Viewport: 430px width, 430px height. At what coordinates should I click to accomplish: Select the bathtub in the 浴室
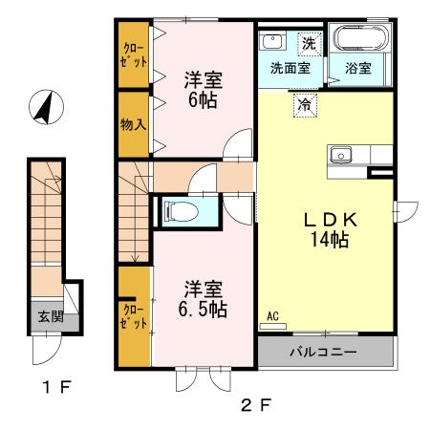[360, 40]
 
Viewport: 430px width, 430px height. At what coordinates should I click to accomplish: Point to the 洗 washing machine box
[309, 42]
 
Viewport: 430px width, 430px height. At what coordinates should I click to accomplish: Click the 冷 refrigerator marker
[305, 105]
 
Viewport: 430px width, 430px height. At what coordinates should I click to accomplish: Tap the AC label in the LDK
[271, 316]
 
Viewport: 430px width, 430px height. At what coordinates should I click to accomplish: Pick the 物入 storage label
[134, 123]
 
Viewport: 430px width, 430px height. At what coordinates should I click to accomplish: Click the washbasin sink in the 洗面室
[272, 41]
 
